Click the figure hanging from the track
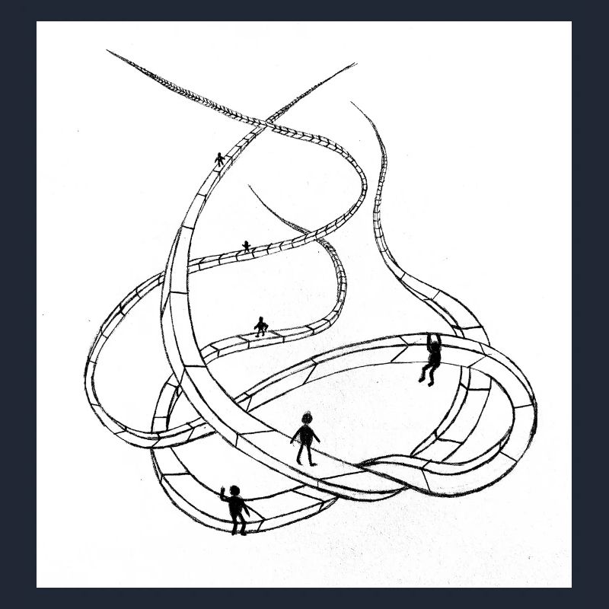click(432, 358)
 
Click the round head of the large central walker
click(307, 418)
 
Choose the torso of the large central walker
click(306, 435)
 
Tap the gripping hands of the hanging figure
click(431, 336)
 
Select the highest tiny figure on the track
click(220, 159)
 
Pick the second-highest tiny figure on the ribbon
click(246, 246)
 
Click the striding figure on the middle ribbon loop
click(261, 327)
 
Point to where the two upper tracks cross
click(268, 122)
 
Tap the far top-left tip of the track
click(108, 51)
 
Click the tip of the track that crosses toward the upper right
click(354, 64)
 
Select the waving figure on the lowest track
click(236, 509)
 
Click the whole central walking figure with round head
click(306, 438)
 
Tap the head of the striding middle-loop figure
click(261, 320)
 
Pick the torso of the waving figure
click(237, 505)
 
